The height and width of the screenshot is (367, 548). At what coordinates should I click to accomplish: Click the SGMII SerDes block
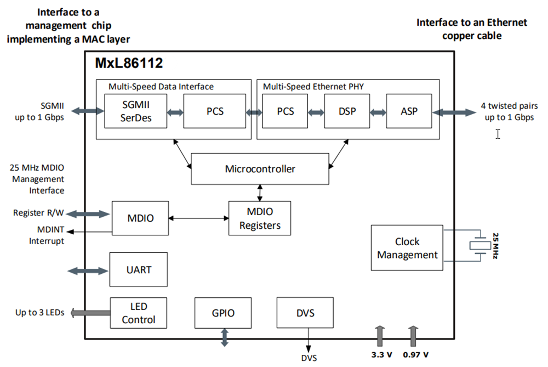click(x=135, y=111)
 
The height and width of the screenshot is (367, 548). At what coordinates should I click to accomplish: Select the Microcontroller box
click(x=260, y=168)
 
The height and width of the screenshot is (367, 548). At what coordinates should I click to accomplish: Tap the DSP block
click(x=347, y=111)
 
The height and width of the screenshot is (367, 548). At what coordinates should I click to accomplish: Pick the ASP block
click(x=409, y=111)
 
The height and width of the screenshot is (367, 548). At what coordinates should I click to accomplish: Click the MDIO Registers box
click(x=260, y=218)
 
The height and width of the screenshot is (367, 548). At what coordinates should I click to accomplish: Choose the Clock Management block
click(x=407, y=248)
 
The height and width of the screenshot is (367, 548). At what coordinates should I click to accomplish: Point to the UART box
click(x=138, y=270)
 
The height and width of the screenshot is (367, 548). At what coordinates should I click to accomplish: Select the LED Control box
click(x=138, y=313)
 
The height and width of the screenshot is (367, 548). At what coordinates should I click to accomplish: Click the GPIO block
click(x=223, y=313)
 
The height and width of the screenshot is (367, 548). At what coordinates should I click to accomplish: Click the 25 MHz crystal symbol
click(x=481, y=247)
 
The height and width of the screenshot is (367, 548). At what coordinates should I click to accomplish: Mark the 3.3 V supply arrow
click(x=379, y=334)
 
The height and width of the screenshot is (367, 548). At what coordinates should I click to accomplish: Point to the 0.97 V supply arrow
click(x=414, y=334)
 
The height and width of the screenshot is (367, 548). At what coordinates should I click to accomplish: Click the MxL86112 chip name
click(x=129, y=63)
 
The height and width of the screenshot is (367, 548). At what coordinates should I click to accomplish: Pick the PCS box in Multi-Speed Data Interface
click(x=215, y=111)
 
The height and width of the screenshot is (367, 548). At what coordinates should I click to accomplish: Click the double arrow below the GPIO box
click(x=224, y=337)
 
